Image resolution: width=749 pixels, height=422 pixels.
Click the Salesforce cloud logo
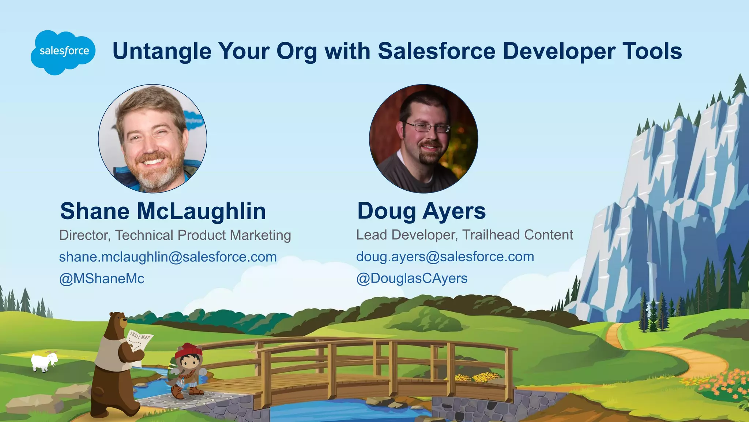[x=63, y=52]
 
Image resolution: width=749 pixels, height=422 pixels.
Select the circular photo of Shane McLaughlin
[x=153, y=138]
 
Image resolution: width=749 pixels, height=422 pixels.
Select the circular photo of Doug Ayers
[x=424, y=138]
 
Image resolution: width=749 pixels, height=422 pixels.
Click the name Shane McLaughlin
[x=163, y=211]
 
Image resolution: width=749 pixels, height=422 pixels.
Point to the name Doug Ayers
[x=421, y=211]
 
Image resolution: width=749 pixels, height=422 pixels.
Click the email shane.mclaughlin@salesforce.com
[x=168, y=257]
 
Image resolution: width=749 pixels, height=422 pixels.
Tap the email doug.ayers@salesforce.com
[x=445, y=257]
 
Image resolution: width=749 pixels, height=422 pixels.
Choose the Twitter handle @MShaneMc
[x=102, y=279]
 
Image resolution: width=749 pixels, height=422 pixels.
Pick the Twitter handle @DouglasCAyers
[x=412, y=279]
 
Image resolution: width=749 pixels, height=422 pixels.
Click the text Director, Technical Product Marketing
[x=175, y=235]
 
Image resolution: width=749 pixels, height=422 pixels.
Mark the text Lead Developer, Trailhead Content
[x=464, y=235]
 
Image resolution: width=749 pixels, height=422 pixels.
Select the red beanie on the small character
[x=188, y=351]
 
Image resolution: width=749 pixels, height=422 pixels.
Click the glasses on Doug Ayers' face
[x=427, y=128]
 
